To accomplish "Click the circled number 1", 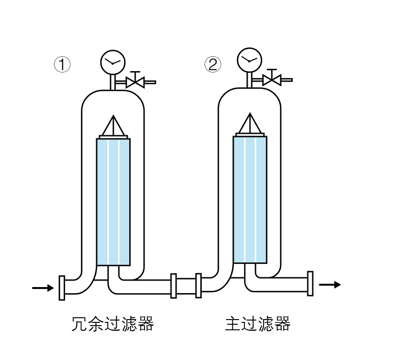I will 62,64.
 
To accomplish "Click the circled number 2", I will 213,64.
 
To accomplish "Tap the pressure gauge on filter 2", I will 250,59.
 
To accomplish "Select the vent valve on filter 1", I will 136,82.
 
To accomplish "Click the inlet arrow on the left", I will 43,288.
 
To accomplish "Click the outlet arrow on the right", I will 330,284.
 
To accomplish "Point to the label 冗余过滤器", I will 113,323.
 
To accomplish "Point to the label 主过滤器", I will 257,323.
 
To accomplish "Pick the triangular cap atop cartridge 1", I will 113,126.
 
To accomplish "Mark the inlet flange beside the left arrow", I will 62,288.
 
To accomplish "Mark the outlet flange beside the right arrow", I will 310,284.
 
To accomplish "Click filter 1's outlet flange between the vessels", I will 174,286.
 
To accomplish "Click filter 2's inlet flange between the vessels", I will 198,286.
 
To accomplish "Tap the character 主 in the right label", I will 233,323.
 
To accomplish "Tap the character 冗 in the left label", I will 80,323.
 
